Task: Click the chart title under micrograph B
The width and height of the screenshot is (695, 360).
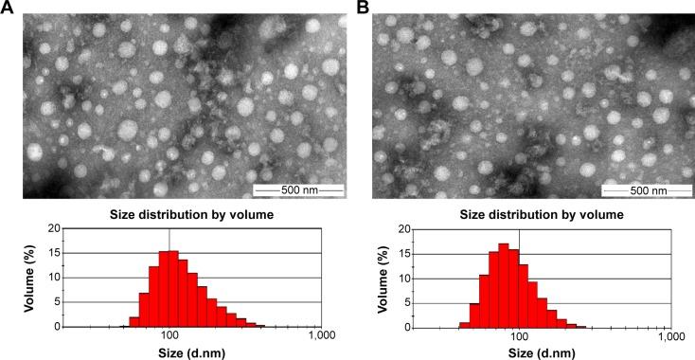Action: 528,214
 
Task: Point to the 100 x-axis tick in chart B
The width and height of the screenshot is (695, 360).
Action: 519,336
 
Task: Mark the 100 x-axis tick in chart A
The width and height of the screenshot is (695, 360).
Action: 169,336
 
